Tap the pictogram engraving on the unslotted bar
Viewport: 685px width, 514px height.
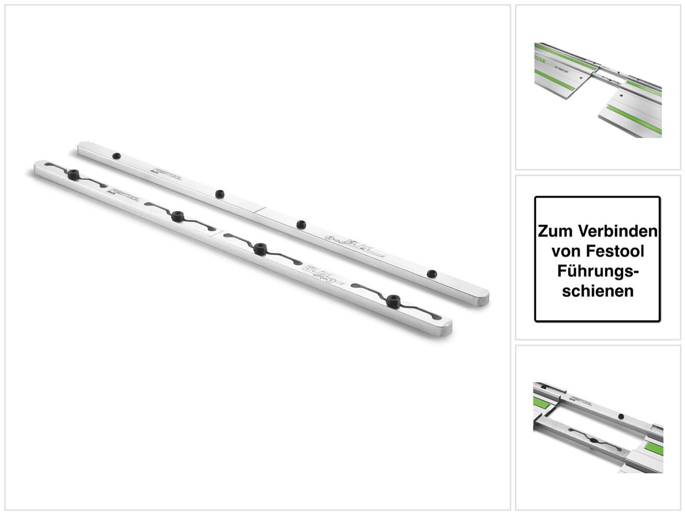coord(356,246)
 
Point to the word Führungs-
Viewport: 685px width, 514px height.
coord(598,271)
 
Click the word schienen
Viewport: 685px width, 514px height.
coord(598,291)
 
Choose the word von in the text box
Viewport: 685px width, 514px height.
coord(565,251)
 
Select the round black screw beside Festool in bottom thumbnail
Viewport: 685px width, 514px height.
coord(622,416)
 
